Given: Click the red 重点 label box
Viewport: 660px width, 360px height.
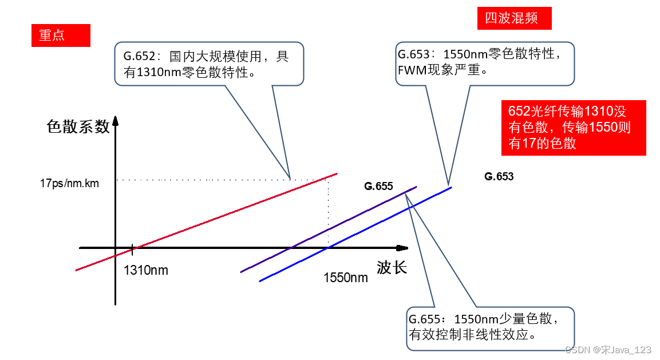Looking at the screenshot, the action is [x=61, y=35].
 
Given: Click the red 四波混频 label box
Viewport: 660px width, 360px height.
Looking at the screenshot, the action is [x=514, y=18].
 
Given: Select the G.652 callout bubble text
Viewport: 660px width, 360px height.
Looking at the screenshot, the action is [x=209, y=64].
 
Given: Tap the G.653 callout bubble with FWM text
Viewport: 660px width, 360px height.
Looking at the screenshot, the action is [x=484, y=63].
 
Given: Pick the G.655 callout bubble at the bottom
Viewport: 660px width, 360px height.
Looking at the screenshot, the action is [x=490, y=326].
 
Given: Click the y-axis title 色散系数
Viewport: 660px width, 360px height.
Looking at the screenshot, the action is [x=78, y=126].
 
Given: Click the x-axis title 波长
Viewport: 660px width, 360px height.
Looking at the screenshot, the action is [x=392, y=267].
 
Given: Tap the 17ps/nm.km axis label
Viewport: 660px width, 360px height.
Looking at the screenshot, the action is [x=69, y=183].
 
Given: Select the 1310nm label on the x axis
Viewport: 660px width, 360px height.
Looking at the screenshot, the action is [x=146, y=270].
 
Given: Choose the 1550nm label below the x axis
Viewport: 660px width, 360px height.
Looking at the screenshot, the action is [x=346, y=278].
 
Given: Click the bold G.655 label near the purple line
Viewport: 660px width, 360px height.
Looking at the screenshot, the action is [x=378, y=186].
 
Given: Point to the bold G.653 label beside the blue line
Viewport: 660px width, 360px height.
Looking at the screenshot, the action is [x=499, y=176].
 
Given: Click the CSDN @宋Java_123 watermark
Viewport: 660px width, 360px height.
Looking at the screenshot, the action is [x=608, y=349].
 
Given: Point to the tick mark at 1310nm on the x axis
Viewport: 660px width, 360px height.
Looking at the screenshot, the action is [x=132, y=248].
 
